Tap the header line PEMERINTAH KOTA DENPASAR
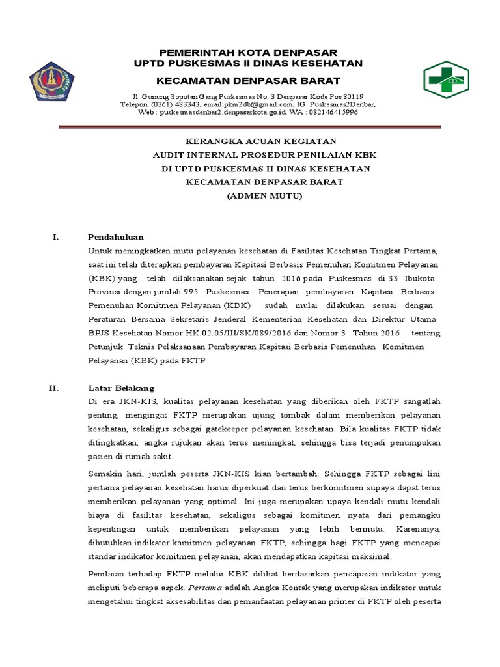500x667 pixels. point(245,52)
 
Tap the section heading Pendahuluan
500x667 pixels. point(116,236)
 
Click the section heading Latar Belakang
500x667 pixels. point(120,388)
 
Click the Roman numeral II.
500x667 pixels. point(54,388)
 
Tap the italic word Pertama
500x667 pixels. point(204,587)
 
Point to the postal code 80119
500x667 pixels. point(352,96)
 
